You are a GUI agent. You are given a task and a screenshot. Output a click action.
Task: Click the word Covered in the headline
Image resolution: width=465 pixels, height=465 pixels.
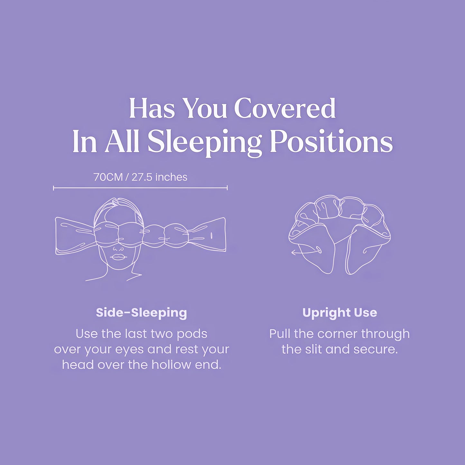(x=285, y=108)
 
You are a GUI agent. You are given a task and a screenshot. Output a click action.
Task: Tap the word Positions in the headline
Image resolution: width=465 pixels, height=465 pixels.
(x=331, y=142)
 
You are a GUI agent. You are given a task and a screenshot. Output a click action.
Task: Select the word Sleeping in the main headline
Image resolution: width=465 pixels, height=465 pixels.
(x=204, y=142)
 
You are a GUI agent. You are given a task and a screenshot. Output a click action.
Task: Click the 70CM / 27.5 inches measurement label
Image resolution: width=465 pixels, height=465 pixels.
(x=140, y=177)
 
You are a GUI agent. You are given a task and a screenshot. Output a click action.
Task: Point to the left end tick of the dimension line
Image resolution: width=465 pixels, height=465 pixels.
(x=53, y=188)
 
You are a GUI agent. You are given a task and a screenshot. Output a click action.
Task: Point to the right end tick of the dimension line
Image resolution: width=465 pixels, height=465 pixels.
(x=227, y=188)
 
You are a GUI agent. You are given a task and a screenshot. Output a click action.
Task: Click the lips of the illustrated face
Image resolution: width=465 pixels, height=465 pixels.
(x=117, y=257)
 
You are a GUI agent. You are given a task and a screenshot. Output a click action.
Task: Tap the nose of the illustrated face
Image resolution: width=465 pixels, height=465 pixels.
(x=118, y=248)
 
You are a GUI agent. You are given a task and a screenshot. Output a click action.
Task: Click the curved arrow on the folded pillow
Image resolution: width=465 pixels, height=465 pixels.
(x=306, y=252)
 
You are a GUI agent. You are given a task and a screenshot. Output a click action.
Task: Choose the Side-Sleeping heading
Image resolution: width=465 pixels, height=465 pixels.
(x=141, y=313)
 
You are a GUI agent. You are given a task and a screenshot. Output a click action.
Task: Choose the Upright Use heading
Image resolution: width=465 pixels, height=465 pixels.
(x=339, y=313)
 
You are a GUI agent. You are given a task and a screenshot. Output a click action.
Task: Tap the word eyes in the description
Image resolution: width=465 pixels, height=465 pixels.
(x=130, y=349)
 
